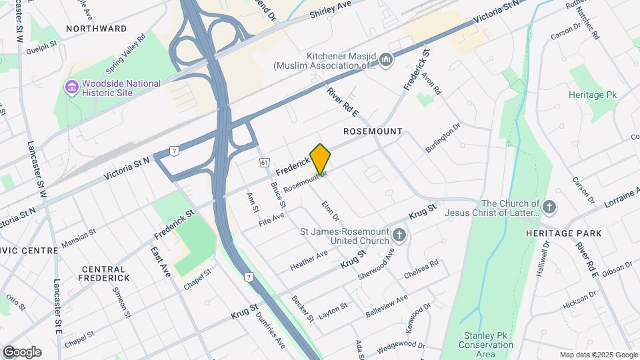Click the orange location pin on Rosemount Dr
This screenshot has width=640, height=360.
click(321, 159)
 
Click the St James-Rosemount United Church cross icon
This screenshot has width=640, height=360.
click(399, 235)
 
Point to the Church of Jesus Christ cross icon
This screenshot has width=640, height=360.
click(549, 207)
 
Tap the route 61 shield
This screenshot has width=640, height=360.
click(265, 163)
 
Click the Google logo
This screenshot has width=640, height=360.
click(22, 352)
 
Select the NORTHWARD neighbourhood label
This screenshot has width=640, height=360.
click(97, 29)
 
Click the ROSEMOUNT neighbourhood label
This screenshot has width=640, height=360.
click(373, 131)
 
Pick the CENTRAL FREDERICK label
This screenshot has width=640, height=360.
click(105, 273)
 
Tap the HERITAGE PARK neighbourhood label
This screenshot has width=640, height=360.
click(563, 233)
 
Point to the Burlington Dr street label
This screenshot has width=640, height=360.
click(443, 138)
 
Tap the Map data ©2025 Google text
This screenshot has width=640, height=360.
click(599, 355)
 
